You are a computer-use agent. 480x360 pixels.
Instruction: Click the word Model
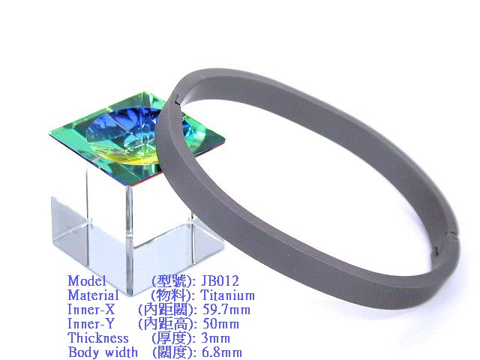point(87,280)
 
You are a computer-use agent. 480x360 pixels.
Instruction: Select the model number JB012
point(220,280)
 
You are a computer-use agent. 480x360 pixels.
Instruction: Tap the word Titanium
point(227,295)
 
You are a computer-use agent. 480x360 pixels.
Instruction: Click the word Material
point(93,295)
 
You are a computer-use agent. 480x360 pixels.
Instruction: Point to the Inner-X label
point(91,310)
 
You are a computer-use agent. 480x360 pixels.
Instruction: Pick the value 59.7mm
point(226,310)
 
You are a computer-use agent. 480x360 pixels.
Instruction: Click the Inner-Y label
point(91,324)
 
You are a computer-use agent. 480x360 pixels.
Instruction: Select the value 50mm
point(220,324)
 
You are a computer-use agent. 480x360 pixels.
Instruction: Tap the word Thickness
point(98,338)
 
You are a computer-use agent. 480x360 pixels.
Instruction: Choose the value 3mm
point(215,338)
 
